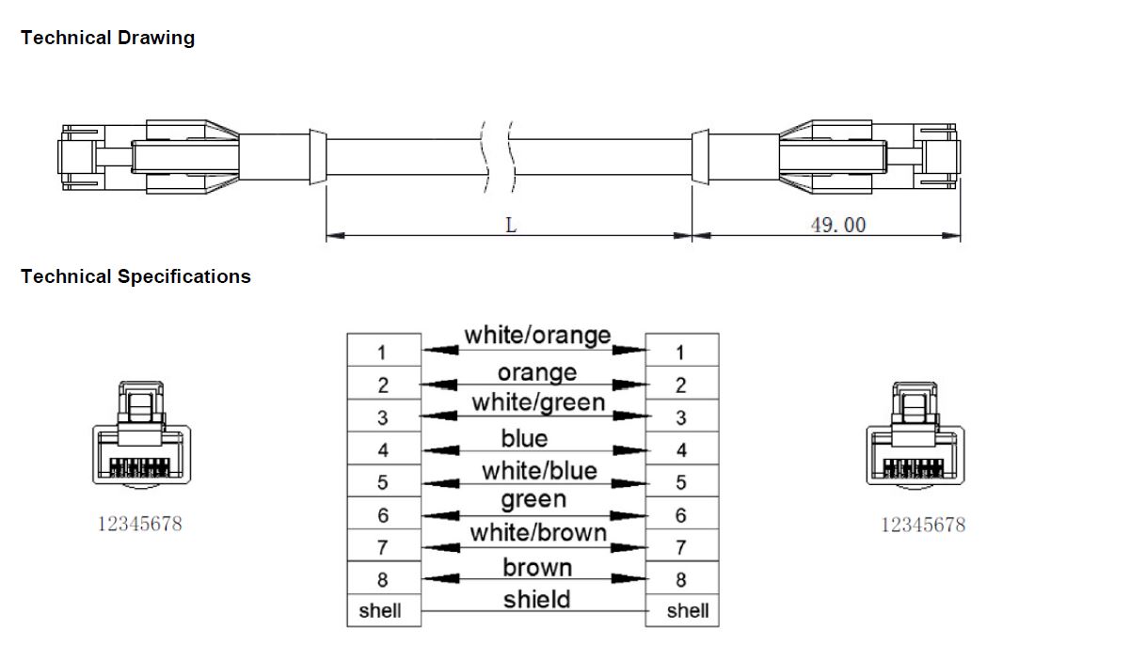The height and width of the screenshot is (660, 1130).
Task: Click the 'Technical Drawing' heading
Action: coord(107,39)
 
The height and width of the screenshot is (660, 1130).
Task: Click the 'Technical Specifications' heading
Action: coord(135,276)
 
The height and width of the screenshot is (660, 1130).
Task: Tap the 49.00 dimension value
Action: coord(838,225)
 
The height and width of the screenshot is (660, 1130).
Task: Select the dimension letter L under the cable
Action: coord(511,226)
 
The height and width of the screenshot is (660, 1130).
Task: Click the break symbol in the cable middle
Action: coord(498,154)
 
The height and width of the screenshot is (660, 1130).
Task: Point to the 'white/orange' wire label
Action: coord(536,336)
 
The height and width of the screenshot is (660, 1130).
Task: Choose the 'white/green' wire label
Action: coord(537,402)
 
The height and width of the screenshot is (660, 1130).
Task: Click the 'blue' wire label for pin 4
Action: coord(524,438)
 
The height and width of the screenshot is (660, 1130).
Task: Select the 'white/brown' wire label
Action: coord(538,533)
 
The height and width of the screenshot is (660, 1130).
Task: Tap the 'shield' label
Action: coord(536,599)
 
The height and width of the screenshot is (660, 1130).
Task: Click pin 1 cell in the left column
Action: coord(383,353)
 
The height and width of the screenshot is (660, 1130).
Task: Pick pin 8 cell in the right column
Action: coord(681,579)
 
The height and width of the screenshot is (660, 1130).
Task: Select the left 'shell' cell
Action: coord(380,611)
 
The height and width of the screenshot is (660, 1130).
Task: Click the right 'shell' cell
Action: coord(687,611)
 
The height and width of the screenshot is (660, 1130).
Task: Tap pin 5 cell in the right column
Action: coord(681,482)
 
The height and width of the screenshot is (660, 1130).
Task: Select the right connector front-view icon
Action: coord(915,437)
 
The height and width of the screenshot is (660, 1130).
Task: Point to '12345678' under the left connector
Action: coord(140,524)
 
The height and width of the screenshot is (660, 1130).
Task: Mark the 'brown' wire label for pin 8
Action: coord(536,567)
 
